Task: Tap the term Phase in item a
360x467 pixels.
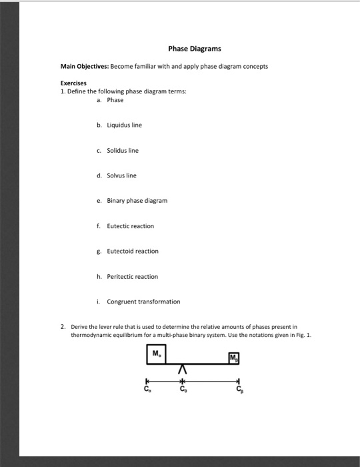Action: (115, 99)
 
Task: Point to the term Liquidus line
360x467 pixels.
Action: (124, 125)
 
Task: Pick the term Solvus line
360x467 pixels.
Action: (121, 175)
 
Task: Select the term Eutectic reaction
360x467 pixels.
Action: (131, 226)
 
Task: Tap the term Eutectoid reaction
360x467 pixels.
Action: (133, 251)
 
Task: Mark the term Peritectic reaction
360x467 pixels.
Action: (133, 276)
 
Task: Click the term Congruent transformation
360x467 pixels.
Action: (143, 302)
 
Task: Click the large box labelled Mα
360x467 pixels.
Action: (157, 354)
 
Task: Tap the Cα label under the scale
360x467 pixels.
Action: (147, 388)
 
